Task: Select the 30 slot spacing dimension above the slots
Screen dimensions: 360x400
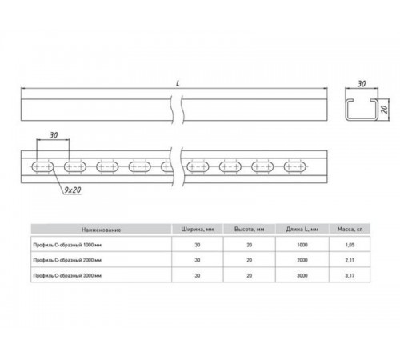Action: tap(54, 136)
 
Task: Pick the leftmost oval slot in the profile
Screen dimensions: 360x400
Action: tap(42, 167)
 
